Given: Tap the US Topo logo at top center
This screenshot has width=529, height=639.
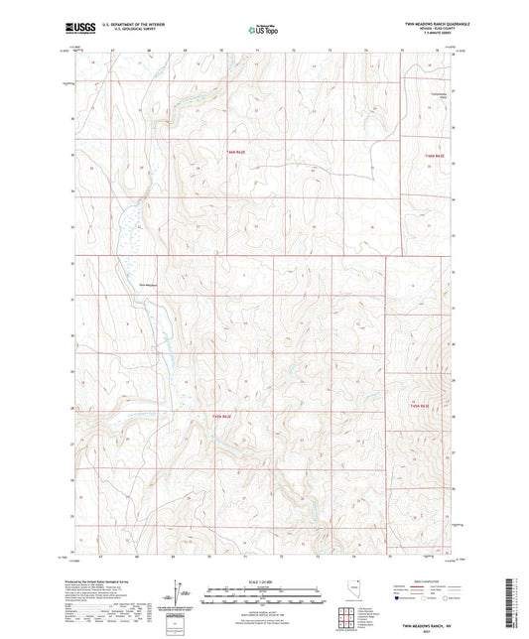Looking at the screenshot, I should pyautogui.click(x=263, y=31).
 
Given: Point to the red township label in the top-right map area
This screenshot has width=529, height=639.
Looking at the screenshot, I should pyautogui.click(x=430, y=156).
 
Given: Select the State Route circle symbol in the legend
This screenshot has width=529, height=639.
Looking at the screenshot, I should pyautogui.click(x=439, y=600).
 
